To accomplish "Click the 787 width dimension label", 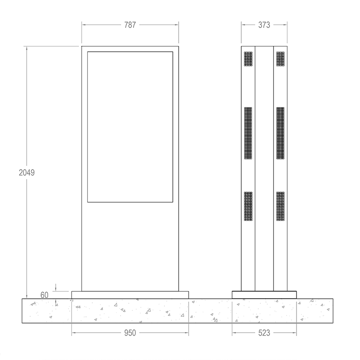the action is point(130,25).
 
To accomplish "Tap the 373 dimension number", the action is point(264,25).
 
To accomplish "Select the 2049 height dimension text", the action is point(27,172).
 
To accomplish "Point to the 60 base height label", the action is point(44,295).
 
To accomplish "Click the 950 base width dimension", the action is point(130,333).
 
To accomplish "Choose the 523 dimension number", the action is point(264,333).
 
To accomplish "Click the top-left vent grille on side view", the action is point(248,59).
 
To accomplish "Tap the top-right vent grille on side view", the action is point(280,59).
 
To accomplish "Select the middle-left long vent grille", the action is point(248,133).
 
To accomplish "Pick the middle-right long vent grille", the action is point(280,133).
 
